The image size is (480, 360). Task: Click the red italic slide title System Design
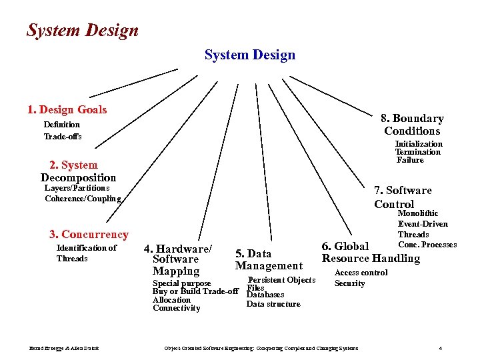pyautogui.click(x=83, y=31)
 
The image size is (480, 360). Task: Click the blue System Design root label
pyautogui.click(x=249, y=55)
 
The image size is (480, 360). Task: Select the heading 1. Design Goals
pyautogui.click(x=67, y=109)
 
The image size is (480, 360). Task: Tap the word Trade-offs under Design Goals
pyautogui.click(x=63, y=137)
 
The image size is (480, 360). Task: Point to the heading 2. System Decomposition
pyautogui.click(x=78, y=171)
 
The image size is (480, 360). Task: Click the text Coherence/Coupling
pyautogui.click(x=83, y=198)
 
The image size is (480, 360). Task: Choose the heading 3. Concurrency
pyautogui.click(x=89, y=234)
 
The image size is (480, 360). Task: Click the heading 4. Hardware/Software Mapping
pyautogui.click(x=178, y=259)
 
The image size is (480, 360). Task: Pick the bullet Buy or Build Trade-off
pyautogui.click(x=195, y=291)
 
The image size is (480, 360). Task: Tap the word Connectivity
pyautogui.click(x=176, y=308)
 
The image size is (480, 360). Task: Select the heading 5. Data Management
pyautogui.click(x=269, y=259)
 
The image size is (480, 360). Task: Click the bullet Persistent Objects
pyautogui.click(x=281, y=280)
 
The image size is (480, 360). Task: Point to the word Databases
pyautogui.click(x=265, y=295)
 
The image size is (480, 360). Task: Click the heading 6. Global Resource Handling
pyautogui.click(x=371, y=253)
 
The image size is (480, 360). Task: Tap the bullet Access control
pyautogui.click(x=361, y=273)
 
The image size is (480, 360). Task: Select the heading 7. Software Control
pyautogui.click(x=403, y=197)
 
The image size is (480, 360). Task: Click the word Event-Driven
pyautogui.click(x=423, y=224)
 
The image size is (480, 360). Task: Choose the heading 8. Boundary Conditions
pyautogui.click(x=412, y=125)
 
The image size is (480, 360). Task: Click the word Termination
pyautogui.click(x=418, y=152)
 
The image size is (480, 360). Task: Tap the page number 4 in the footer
pyautogui.click(x=441, y=348)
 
